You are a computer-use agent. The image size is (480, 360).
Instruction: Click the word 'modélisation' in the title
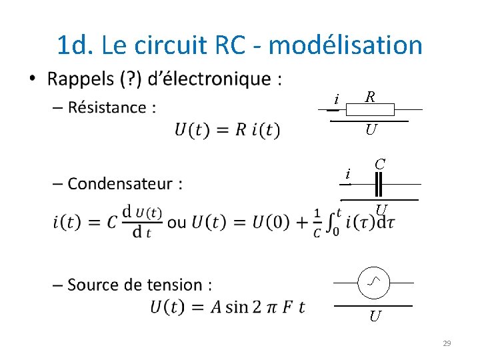click(x=345, y=45)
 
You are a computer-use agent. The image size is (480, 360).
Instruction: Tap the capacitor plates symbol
click(x=378, y=183)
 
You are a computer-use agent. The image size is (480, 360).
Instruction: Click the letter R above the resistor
click(x=370, y=97)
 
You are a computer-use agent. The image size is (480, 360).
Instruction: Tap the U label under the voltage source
click(x=375, y=315)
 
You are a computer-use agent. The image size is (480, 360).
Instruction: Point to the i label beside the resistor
click(x=337, y=100)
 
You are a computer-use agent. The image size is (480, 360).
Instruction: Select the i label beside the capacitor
click(x=348, y=175)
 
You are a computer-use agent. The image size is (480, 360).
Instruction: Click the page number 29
click(x=447, y=343)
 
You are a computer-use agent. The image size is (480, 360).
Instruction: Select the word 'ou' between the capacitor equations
click(x=177, y=222)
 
